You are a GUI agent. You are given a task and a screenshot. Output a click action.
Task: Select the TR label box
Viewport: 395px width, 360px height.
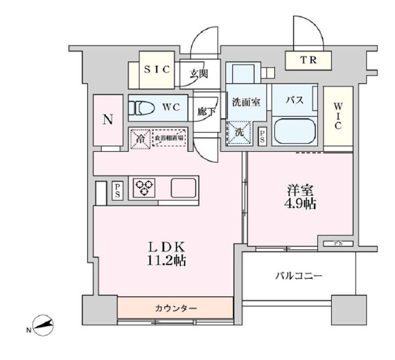pos(308,60)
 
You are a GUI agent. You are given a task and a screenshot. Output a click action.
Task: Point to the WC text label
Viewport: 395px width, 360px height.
pos(172,108)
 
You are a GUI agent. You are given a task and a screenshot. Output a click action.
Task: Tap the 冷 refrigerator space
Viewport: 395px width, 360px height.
pos(141,139)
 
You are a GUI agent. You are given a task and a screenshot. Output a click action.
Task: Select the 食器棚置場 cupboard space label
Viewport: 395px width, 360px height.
pos(169,139)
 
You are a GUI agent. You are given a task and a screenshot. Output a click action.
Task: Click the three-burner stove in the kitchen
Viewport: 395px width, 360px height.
pos(146,187)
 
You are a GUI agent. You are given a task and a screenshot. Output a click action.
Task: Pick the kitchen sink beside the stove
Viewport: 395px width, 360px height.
pos(183,187)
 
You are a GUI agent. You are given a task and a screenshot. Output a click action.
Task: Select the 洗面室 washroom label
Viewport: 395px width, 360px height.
pos(245,102)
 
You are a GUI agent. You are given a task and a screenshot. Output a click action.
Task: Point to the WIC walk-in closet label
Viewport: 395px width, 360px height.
pos(338,115)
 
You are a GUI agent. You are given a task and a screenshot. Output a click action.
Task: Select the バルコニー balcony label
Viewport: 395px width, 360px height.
pos(299,275)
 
